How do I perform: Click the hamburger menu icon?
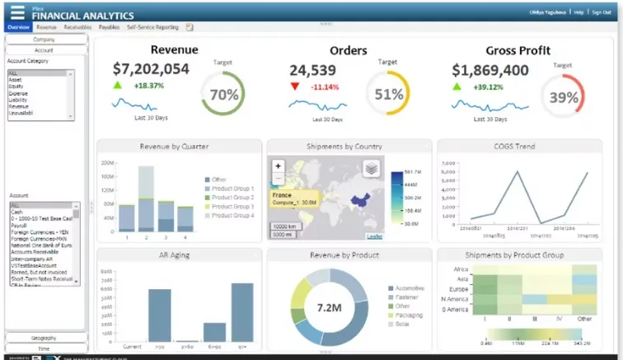(x=17, y=12)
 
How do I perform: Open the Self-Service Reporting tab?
(x=152, y=27)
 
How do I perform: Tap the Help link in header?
(x=578, y=12)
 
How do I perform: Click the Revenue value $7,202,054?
(x=151, y=70)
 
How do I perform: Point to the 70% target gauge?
(x=223, y=94)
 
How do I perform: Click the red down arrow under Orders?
(x=295, y=86)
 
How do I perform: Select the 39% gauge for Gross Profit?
(x=564, y=97)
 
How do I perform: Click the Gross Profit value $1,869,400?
(x=490, y=70)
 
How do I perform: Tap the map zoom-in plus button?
(x=279, y=166)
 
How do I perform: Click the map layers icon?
(x=372, y=167)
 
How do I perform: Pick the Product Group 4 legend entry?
(x=232, y=216)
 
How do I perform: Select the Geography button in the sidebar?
(x=44, y=338)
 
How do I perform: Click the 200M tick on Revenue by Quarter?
(x=107, y=164)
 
